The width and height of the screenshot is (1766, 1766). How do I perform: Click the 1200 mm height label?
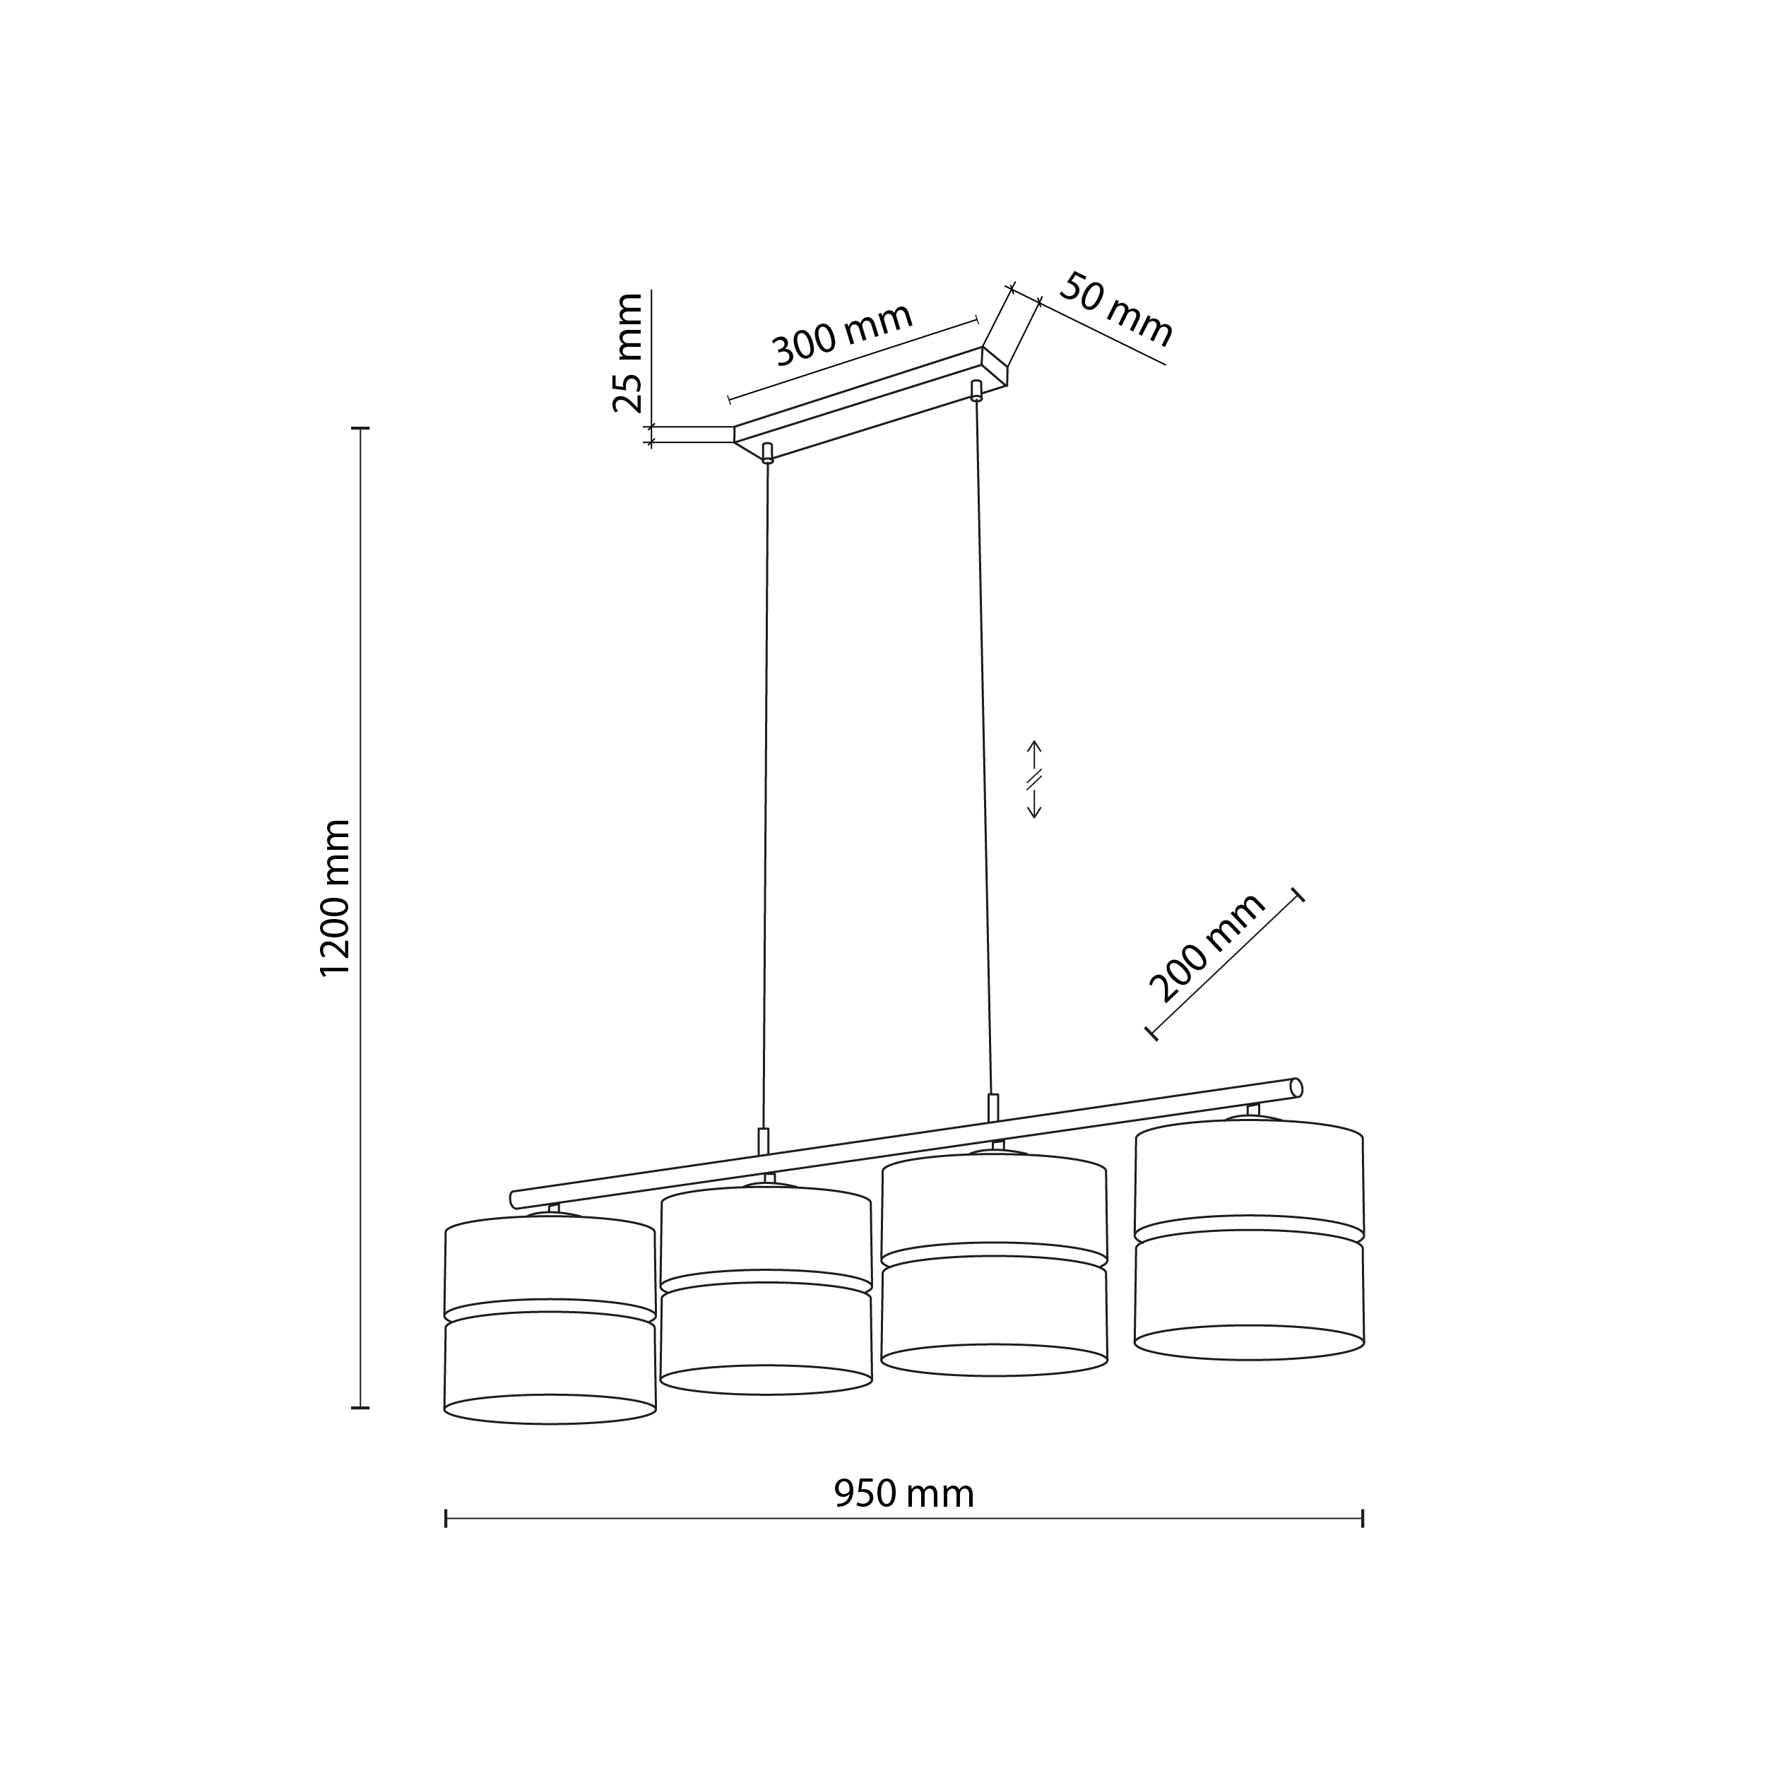point(336,898)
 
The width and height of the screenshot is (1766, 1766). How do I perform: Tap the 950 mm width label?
point(903,1493)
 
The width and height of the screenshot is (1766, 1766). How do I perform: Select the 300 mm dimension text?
point(843,335)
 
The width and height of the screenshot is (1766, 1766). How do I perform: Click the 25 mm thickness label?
point(628,352)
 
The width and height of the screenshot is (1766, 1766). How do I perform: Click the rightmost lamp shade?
point(1249,1238)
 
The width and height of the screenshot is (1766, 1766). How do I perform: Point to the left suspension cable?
point(766,795)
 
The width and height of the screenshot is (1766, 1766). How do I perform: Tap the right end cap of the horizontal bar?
point(1296,1087)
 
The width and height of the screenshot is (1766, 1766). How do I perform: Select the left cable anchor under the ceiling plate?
point(767,454)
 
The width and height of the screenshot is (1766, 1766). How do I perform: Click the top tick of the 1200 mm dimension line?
point(360,428)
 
